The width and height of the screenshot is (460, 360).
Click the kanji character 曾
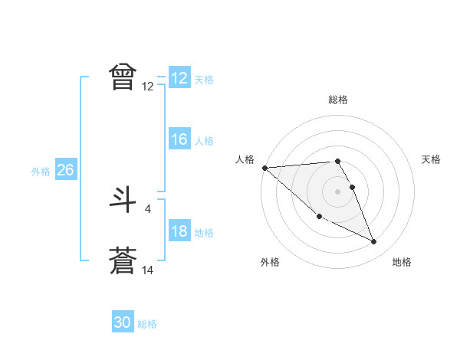(x=123, y=77)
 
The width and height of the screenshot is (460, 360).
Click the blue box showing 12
(x=179, y=78)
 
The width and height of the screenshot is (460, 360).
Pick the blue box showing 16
(x=179, y=139)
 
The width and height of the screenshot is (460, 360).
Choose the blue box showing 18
(x=179, y=231)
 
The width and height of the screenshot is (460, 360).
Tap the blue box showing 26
(x=65, y=170)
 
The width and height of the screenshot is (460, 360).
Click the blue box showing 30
(x=123, y=323)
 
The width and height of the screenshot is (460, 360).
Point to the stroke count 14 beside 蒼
(x=148, y=270)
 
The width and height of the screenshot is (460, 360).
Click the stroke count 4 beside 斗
(x=147, y=208)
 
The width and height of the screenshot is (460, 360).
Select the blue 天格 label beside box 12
(x=204, y=80)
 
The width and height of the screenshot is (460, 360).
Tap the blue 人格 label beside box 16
(x=204, y=141)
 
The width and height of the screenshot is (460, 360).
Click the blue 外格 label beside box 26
(x=41, y=172)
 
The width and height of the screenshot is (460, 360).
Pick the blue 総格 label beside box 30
(x=147, y=325)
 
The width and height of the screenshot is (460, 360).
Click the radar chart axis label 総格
(x=338, y=100)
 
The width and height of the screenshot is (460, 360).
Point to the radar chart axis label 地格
(x=402, y=262)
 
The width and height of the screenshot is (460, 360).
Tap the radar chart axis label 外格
(x=270, y=262)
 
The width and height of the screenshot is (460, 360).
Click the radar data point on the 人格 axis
(x=264, y=168)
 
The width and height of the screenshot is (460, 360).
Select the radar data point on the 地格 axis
(x=374, y=242)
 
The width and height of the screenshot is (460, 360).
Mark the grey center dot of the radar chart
(x=337, y=191)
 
